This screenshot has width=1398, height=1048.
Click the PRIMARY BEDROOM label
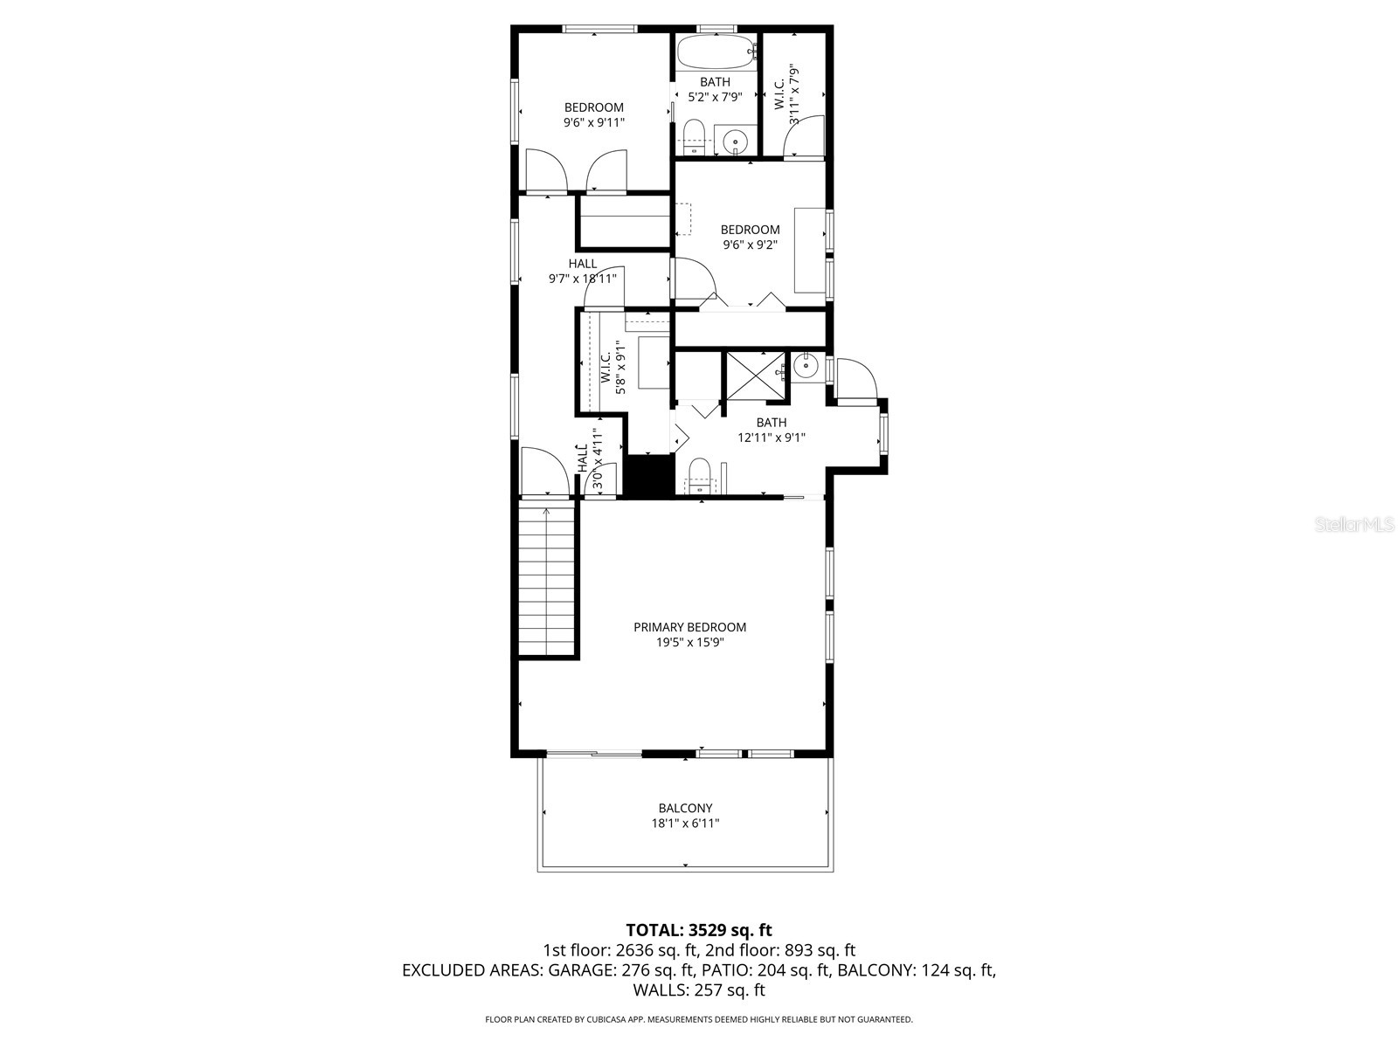click(x=689, y=627)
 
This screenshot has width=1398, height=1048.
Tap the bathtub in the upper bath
click(x=715, y=52)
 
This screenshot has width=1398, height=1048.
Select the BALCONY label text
click(x=685, y=808)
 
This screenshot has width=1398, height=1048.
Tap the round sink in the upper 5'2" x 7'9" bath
click(x=737, y=141)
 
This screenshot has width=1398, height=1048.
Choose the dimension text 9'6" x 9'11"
click(x=594, y=123)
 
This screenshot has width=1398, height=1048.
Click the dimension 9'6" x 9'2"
click(x=750, y=245)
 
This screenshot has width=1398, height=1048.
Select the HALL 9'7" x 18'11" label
click(x=583, y=271)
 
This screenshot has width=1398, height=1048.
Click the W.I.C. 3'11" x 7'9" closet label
click(x=787, y=93)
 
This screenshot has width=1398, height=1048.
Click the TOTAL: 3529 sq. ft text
click(x=698, y=929)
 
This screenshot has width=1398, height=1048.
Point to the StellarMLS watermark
click(x=1355, y=525)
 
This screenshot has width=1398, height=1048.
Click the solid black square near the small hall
click(x=647, y=477)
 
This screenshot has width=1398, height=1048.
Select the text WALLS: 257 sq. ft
click(x=698, y=989)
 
